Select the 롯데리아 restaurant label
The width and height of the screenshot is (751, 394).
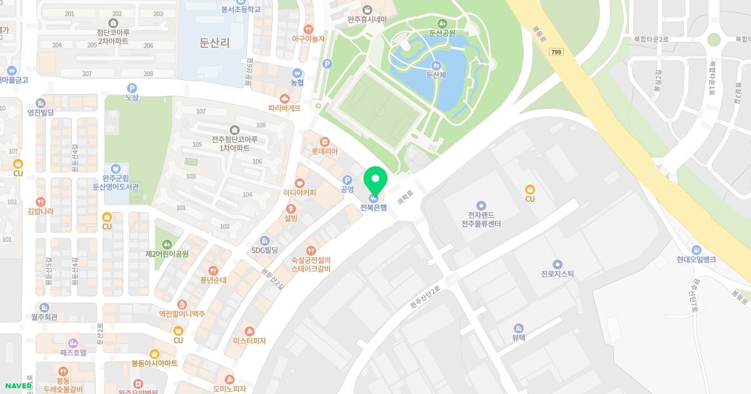(x=324, y=151)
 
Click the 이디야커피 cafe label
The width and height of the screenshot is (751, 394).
(x=300, y=193)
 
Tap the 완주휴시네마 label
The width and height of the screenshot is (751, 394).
(x=367, y=19)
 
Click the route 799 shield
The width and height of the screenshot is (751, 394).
(x=556, y=52)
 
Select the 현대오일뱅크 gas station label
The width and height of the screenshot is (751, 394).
(x=696, y=260)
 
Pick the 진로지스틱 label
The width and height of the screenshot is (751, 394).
(x=557, y=273)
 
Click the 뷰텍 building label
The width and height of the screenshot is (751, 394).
(x=518, y=336)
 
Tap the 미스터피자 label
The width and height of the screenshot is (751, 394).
(x=249, y=341)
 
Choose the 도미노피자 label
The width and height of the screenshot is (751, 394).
(x=229, y=388)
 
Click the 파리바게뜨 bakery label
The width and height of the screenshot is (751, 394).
(x=285, y=108)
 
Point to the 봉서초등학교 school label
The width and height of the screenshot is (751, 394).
(x=241, y=9)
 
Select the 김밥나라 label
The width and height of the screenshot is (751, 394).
(x=41, y=211)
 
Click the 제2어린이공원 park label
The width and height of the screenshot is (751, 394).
(x=166, y=254)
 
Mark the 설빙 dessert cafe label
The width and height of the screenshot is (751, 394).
(x=291, y=218)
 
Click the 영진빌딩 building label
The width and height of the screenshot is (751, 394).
(x=41, y=113)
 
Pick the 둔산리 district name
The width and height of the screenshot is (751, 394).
(x=214, y=43)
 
